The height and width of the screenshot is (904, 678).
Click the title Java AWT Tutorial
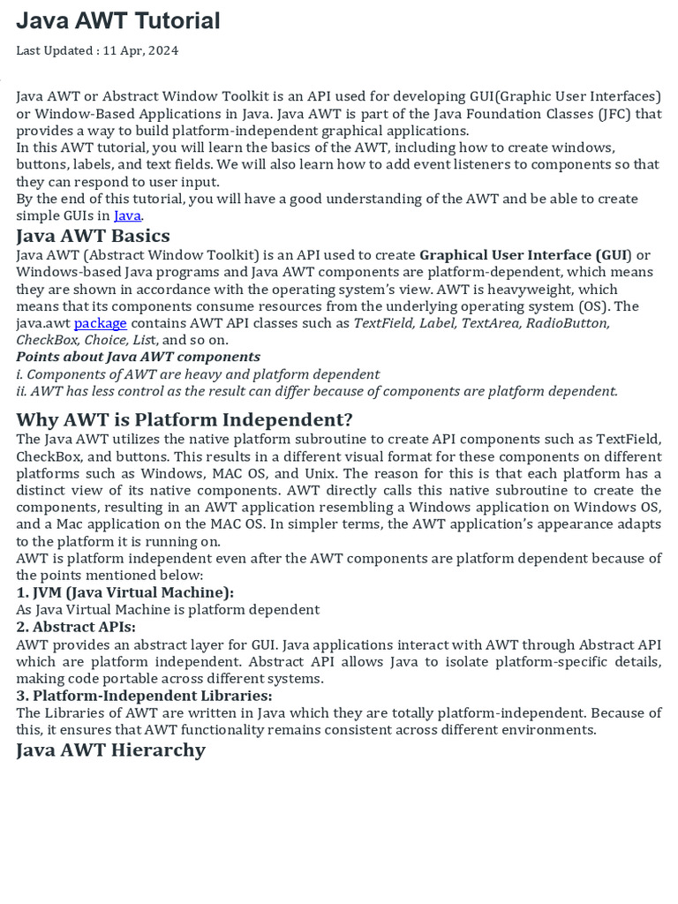click(118, 21)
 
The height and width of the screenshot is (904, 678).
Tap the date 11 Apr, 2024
click(140, 50)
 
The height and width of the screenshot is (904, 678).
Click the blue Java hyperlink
click(127, 215)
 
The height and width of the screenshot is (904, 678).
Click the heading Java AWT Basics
click(93, 236)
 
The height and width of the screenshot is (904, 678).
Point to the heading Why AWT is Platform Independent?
click(185, 419)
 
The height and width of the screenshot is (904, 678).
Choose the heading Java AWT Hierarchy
click(110, 750)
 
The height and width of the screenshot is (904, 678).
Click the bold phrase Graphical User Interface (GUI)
click(525, 255)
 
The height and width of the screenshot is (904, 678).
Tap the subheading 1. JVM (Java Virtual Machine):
click(124, 592)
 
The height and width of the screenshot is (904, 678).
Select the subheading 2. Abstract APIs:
click(76, 627)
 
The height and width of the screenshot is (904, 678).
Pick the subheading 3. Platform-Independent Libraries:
click(144, 696)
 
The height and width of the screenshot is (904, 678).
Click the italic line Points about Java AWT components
click(138, 357)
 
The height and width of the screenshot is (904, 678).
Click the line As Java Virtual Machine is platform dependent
click(168, 609)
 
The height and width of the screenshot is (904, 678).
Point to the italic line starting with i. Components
click(198, 374)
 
